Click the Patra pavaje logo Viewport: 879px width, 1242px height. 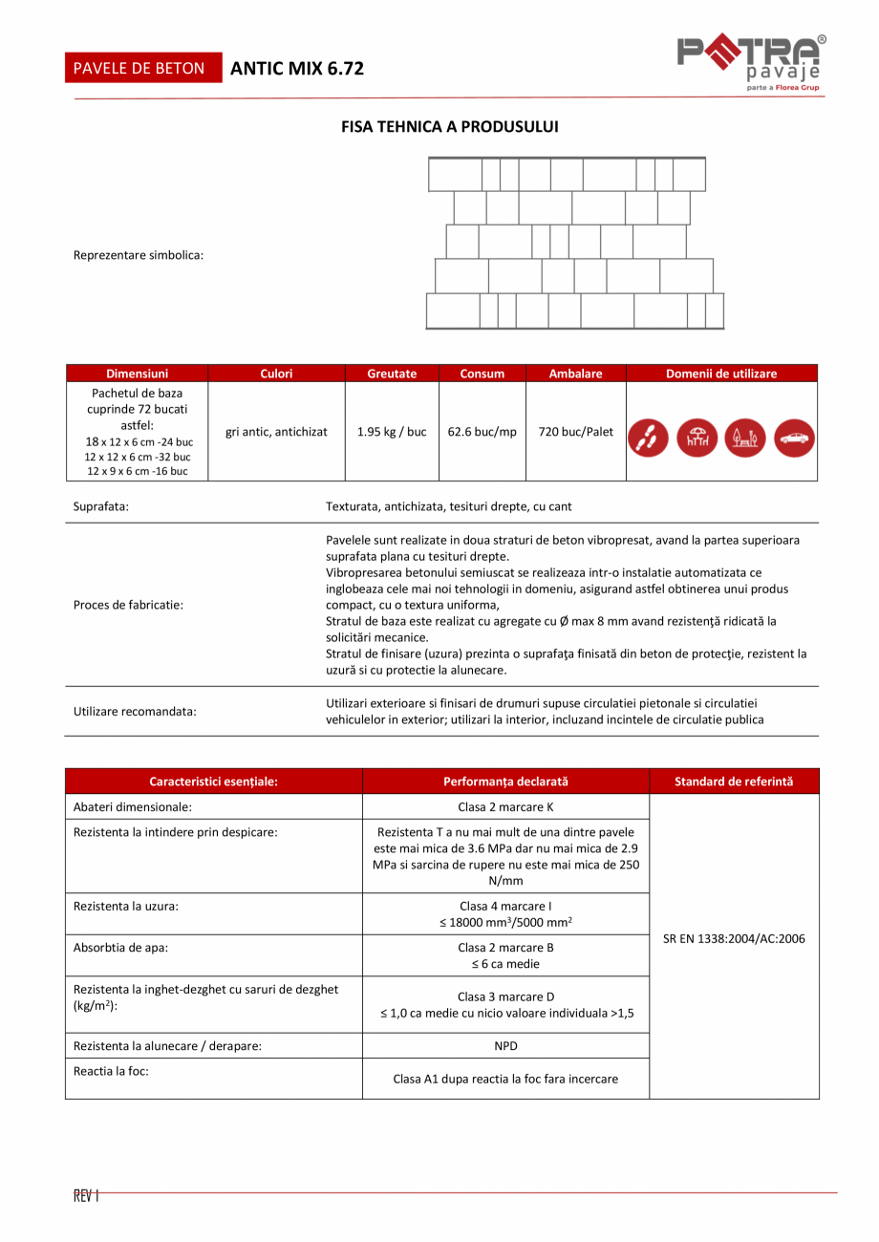click(751, 63)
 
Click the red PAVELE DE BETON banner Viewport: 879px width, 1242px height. click(139, 68)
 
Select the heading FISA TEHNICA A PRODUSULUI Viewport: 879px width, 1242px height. click(450, 126)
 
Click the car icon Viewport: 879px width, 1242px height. click(793, 437)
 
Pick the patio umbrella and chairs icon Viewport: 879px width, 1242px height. click(697, 437)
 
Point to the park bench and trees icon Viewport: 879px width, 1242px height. click(745, 437)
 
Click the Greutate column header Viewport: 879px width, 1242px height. click(392, 374)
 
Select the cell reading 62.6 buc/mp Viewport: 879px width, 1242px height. click(482, 432)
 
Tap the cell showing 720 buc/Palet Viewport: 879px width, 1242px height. click(576, 432)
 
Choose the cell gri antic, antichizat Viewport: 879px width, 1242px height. click(276, 432)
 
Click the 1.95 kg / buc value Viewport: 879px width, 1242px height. click(392, 432)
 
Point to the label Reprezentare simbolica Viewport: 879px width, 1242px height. click(139, 255)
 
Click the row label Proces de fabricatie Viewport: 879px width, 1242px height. click(128, 605)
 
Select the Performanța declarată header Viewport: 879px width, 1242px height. click(505, 782)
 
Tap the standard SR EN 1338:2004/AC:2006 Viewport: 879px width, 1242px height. click(734, 938)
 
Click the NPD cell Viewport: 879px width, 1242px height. click(505, 1046)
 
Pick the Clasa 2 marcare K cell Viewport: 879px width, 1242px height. click(505, 807)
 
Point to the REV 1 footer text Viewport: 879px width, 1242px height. click(86, 1195)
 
